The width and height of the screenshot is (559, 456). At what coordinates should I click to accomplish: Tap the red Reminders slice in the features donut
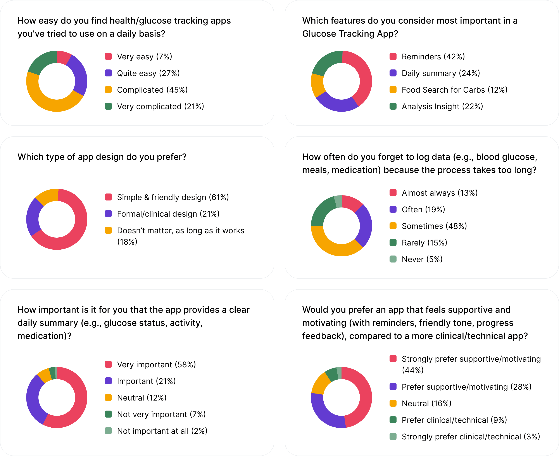click(x=364, y=76)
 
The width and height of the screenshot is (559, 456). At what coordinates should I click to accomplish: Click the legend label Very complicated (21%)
click(x=160, y=106)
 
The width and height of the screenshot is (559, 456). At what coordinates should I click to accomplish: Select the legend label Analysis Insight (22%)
click(x=442, y=106)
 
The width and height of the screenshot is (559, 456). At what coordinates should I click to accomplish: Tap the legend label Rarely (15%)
click(x=424, y=243)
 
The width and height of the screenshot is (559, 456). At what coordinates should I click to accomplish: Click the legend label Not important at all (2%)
click(x=162, y=431)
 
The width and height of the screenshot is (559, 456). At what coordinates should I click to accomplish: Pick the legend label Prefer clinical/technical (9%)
click(x=454, y=420)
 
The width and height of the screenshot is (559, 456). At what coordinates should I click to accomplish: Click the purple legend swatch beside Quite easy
click(x=108, y=73)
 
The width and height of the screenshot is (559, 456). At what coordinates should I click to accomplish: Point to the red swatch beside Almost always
click(x=393, y=193)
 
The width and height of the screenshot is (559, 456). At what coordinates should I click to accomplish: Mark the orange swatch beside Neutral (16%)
click(x=393, y=403)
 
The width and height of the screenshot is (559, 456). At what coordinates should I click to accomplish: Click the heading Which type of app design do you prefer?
click(x=102, y=157)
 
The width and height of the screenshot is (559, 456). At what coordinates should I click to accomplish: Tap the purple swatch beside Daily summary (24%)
click(x=393, y=73)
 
